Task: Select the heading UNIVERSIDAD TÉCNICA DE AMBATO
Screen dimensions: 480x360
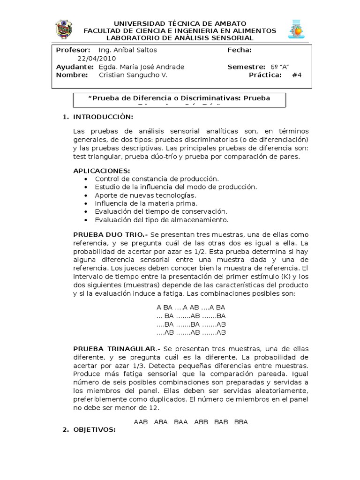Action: (x=180, y=23)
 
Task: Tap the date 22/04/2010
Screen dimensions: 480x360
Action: (x=97, y=59)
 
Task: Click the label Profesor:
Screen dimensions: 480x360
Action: (x=73, y=50)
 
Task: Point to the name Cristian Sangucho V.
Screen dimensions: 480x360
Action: (x=133, y=75)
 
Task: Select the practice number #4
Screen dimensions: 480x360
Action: (x=297, y=75)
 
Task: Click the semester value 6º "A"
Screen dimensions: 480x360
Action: (x=283, y=67)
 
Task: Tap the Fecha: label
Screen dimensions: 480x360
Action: (x=240, y=50)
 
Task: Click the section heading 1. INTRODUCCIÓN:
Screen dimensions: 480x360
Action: (x=98, y=116)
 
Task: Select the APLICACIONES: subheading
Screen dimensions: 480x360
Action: (x=102, y=170)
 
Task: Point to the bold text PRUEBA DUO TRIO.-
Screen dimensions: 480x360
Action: (x=111, y=234)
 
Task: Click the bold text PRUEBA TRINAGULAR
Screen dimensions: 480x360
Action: (x=114, y=349)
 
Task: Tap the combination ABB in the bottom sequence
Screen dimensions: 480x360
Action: (x=201, y=422)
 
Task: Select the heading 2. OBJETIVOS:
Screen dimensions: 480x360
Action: (x=89, y=429)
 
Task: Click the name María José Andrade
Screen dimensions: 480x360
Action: (x=149, y=67)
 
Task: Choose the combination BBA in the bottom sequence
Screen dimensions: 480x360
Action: (x=241, y=422)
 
